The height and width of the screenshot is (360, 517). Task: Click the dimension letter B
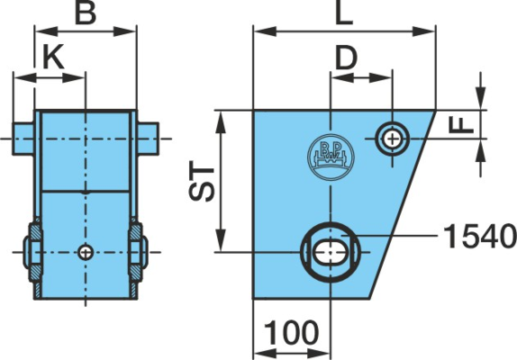(85, 13)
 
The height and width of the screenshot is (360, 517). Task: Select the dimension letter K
(54, 57)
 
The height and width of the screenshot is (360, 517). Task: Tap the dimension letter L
(344, 13)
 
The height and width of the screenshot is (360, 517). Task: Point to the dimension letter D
(346, 58)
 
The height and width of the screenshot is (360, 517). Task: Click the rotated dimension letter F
(461, 125)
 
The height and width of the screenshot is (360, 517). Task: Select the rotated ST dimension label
(202, 184)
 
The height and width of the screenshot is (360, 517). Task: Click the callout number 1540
(479, 236)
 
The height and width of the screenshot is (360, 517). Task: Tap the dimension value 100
(292, 332)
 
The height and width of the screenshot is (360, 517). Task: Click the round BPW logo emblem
(331, 157)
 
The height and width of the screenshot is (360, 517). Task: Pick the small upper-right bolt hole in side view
(392, 139)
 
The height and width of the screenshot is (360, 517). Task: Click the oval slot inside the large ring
(331, 252)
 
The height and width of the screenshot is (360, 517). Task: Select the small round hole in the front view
(86, 253)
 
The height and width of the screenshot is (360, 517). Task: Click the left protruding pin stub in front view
(23, 139)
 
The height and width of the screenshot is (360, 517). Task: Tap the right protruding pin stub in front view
(148, 139)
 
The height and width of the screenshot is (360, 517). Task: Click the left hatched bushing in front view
(35, 252)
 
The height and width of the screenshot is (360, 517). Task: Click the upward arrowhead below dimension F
(481, 150)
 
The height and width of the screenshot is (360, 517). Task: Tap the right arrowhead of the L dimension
(423, 31)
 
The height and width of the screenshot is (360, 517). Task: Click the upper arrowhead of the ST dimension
(222, 122)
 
